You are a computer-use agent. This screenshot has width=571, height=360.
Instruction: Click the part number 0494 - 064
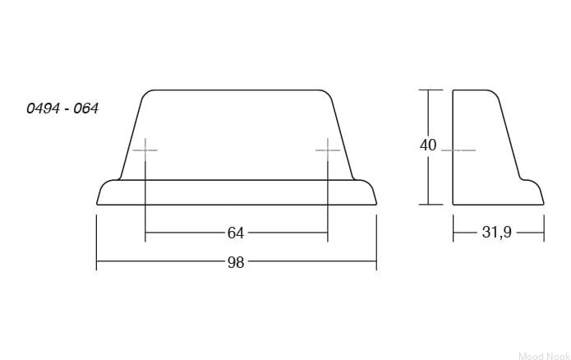pyautogui.click(x=62, y=108)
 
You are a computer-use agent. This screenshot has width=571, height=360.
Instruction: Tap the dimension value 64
pyautogui.click(x=236, y=233)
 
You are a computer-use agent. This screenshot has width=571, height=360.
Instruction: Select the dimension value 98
pyautogui.click(x=236, y=262)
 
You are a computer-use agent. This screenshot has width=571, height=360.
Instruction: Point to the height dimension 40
pyautogui.click(x=428, y=145)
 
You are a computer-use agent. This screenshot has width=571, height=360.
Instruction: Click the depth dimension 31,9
pyautogui.click(x=497, y=232)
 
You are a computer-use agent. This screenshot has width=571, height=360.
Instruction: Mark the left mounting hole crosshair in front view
pyautogui.click(x=145, y=150)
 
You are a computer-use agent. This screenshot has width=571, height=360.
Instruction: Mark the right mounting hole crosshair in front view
pyautogui.click(x=328, y=150)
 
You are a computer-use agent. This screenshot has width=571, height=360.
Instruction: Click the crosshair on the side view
pyautogui.click(x=458, y=150)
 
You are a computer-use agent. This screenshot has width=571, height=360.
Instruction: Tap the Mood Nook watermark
pyautogui.click(x=544, y=356)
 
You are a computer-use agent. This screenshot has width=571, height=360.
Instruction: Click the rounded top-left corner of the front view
pyautogui.click(x=145, y=93)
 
